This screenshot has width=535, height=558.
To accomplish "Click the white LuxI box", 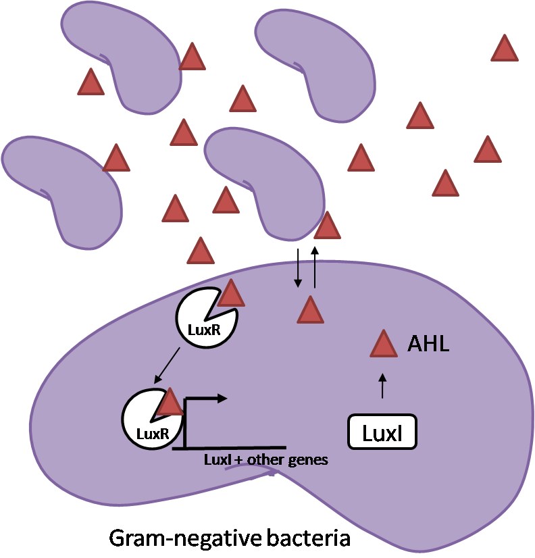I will tap(382, 432).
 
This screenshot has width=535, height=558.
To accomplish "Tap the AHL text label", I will tap(428, 345).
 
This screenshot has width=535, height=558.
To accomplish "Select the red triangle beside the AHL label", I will tap(384, 345).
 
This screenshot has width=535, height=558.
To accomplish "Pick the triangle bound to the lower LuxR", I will tap(170, 403).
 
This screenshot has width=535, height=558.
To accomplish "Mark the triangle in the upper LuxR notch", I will tap(230, 294).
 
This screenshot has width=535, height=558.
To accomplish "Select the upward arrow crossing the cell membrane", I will tap(314, 267).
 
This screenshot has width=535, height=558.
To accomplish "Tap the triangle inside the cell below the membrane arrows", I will tap(311, 311).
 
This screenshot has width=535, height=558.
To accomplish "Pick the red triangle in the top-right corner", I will tap(504, 49).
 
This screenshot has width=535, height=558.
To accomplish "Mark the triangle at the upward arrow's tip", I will tap(327, 226).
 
